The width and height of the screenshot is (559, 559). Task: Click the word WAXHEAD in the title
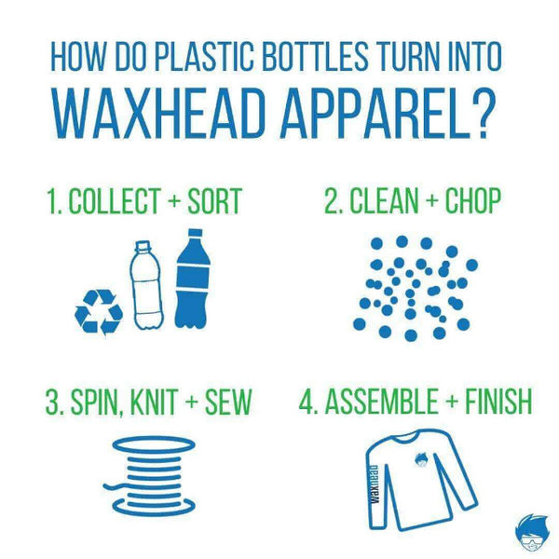(161, 114)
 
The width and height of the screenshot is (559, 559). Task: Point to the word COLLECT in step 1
(114, 200)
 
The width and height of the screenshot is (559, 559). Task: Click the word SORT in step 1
(215, 200)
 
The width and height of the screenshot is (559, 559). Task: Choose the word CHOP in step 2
(473, 200)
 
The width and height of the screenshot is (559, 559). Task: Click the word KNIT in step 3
(154, 402)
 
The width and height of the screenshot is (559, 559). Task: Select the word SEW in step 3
(228, 402)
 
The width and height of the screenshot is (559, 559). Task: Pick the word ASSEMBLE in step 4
(381, 401)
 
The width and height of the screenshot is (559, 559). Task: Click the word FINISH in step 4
(498, 401)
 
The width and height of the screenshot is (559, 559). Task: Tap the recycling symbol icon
(99, 312)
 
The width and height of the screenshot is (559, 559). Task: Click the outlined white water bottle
(146, 284)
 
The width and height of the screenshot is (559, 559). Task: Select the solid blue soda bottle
(193, 279)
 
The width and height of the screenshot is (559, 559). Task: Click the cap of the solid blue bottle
(195, 232)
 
